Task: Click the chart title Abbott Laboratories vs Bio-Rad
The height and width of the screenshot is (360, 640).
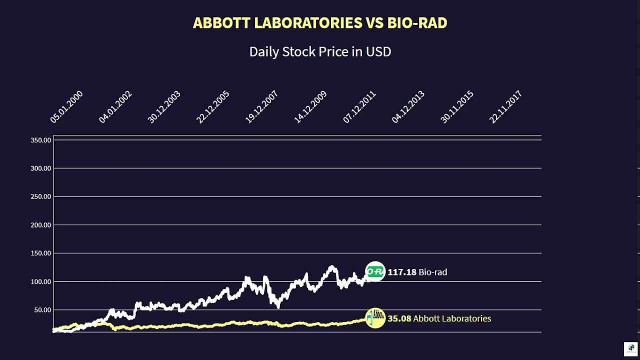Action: [320, 23]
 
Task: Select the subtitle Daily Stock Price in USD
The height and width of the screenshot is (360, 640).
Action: [320, 51]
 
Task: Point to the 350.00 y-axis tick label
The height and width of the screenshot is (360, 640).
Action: [41, 140]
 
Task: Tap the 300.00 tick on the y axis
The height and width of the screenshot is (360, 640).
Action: [41, 168]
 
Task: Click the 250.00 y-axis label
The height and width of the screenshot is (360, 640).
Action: [41, 196]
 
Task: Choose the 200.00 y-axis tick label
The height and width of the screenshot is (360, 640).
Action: [41, 225]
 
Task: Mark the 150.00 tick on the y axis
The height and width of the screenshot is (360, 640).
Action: [41, 253]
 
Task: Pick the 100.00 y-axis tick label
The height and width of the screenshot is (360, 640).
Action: [41, 281]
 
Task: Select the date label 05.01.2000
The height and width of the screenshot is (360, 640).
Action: [66, 107]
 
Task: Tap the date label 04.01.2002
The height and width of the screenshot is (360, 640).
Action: [115, 107]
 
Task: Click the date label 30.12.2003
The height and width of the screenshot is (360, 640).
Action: [164, 107]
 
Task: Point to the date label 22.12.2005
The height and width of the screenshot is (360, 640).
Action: [213, 107]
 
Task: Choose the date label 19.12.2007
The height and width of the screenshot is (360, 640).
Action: [261, 107]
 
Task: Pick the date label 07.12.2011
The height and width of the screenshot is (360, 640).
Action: [359, 107]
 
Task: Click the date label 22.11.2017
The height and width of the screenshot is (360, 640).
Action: [505, 107]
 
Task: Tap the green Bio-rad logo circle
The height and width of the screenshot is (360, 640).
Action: [375, 272]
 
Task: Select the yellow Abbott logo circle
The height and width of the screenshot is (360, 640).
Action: [375, 318]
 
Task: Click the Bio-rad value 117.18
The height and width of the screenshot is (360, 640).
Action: [402, 272]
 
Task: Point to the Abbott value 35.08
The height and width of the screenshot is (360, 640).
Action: [399, 318]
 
